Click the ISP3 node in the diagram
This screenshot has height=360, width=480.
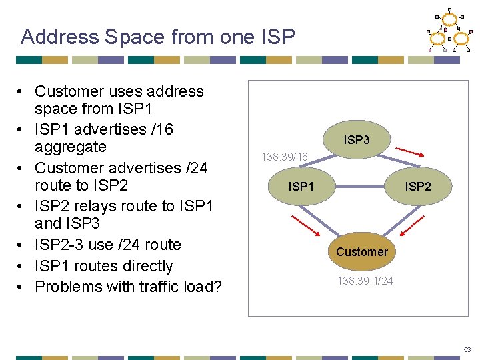(x=357, y=140)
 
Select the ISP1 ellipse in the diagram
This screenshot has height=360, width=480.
(x=301, y=187)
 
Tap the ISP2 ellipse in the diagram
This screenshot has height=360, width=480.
(x=418, y=187)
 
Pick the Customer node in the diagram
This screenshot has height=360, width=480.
(x=361, y=251)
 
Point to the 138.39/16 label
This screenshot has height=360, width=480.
(x=285, y=157)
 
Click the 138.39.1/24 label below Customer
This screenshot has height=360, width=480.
(x=365, y=281)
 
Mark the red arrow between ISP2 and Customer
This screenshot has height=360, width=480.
(x=411, y=224)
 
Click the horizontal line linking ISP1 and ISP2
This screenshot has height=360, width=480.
(x=360, y=187)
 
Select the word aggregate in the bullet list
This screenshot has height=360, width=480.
(x=71, y=147)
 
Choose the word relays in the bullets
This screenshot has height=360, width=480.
(x=93, y=206)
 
